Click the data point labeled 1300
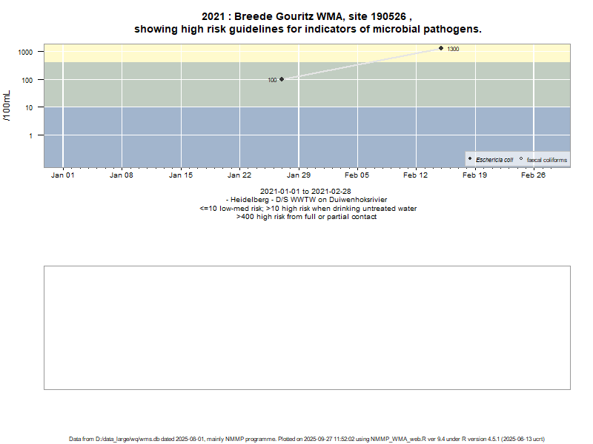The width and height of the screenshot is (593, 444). click(x=441, y=48)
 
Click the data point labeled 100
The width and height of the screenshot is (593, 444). click(x=282, y=79)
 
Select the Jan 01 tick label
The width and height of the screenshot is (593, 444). click(x=62, y=175)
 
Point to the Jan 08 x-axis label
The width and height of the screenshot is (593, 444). click(x=122, y=175)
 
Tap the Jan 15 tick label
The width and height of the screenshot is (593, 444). click(x=181, y=175)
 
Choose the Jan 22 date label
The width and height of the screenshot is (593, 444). click(x=239, y=175)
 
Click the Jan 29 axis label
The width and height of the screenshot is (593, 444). click(x=299, y=175)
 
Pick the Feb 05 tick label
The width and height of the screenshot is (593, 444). click(x=357, y=175)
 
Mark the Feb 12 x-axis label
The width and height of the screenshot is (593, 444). click(x=416, y=175)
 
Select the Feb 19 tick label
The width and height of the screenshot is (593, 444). click(x=474, y=175)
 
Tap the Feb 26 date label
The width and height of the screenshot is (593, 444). click(x=534, y=175)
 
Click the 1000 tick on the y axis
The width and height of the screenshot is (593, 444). click(x=26, y=52)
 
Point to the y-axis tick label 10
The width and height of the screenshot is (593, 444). click(x=29, y=107)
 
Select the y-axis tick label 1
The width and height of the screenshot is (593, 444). click(x=31, y=135)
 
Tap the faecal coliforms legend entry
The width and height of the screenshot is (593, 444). click(x=547, y=160)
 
